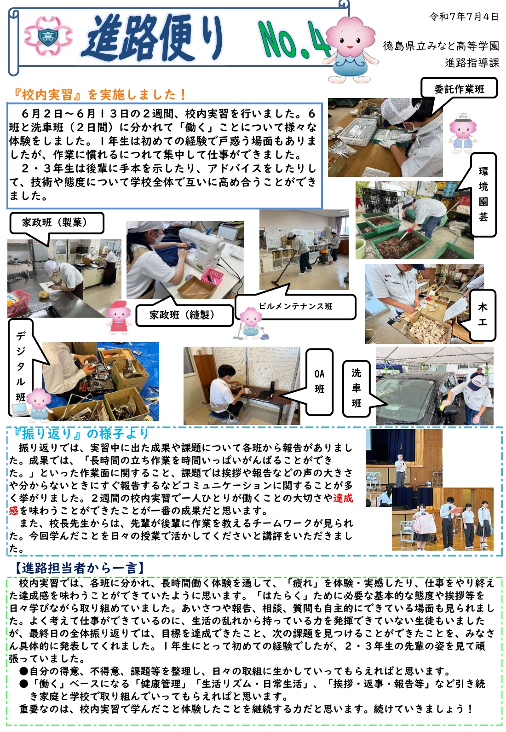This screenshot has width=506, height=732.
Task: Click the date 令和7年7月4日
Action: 464,17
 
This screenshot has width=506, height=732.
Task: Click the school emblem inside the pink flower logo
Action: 48,36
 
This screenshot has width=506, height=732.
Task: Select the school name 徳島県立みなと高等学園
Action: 441,46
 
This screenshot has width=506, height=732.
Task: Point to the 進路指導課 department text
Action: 472,63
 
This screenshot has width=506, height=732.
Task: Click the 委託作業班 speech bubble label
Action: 459,89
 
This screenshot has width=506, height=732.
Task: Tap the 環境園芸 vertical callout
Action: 483,194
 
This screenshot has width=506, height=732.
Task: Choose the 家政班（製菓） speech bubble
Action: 57,223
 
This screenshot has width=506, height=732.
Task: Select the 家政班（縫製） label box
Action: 184,315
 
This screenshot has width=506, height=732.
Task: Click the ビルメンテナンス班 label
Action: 295,306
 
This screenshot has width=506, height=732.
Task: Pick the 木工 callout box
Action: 483,315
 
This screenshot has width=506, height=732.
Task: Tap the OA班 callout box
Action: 319,381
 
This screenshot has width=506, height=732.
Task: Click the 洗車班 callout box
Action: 356,388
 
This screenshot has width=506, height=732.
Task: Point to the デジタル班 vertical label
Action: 21,366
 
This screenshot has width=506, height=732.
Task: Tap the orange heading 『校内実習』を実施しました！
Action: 98,95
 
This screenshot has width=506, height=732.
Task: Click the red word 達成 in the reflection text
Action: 343,498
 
